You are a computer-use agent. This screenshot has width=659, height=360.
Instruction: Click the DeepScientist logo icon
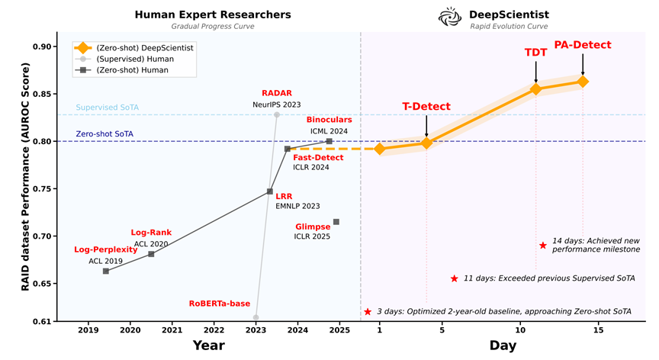(x=448, y=15)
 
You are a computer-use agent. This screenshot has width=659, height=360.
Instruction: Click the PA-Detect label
(x=582, y=45)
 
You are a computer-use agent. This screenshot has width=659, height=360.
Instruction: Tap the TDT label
(x=535, y=53)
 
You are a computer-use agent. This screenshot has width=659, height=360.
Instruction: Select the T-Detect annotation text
(x=426, y=106)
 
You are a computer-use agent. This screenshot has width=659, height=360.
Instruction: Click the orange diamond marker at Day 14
(x=583, y=82)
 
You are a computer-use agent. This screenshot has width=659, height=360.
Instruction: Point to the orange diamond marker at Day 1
(x=380, y=149)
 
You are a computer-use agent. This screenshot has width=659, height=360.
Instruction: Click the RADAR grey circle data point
(x=277, y=114)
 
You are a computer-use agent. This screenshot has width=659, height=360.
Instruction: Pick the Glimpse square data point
(x=336, y=222)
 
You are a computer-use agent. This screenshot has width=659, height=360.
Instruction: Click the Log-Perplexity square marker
(x=105, y=271)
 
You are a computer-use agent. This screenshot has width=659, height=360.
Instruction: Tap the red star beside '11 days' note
(x=454, y=279)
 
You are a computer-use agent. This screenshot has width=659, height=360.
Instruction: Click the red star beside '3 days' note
(x=368, y=311)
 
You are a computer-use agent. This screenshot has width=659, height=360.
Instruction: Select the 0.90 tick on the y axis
(x=42, y=47)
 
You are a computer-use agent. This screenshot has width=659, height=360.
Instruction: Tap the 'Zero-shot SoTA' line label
(x=104, y=134)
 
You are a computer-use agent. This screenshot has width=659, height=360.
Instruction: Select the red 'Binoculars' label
(x=329, y=121)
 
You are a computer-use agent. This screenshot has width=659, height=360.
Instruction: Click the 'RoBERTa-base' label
(x=220, y=304)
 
